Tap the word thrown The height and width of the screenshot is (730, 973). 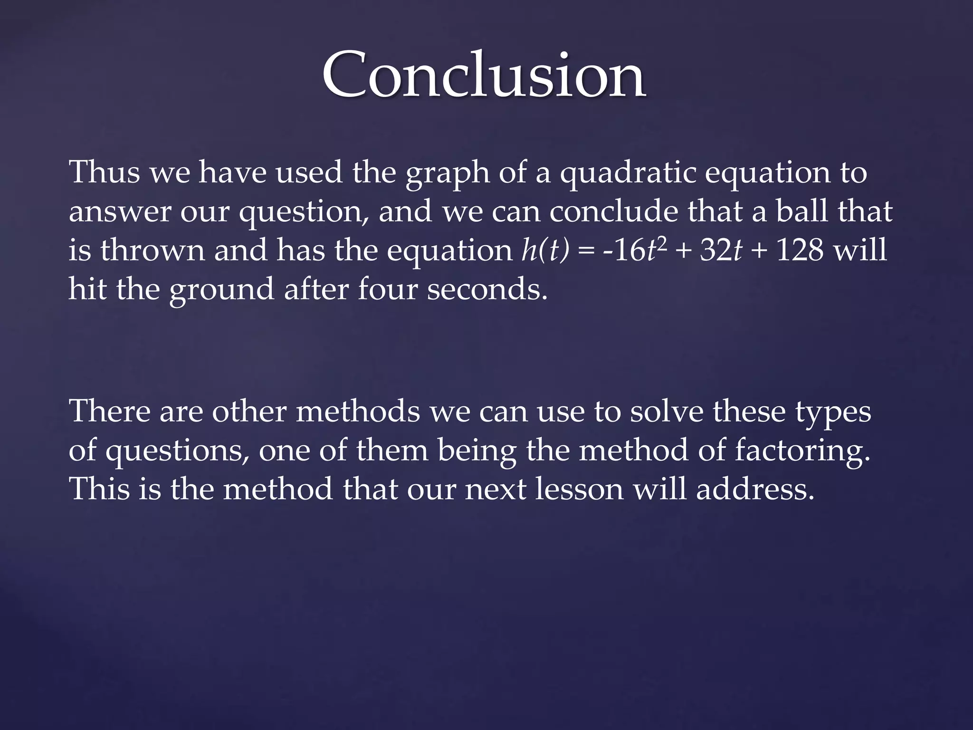point(153,250)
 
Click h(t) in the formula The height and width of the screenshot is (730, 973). point(545,250)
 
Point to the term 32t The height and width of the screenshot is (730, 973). point(721,250)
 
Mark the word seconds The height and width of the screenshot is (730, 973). point(487,289)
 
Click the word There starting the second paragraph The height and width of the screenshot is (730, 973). point(110,411)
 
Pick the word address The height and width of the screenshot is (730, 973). point(755,489)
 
